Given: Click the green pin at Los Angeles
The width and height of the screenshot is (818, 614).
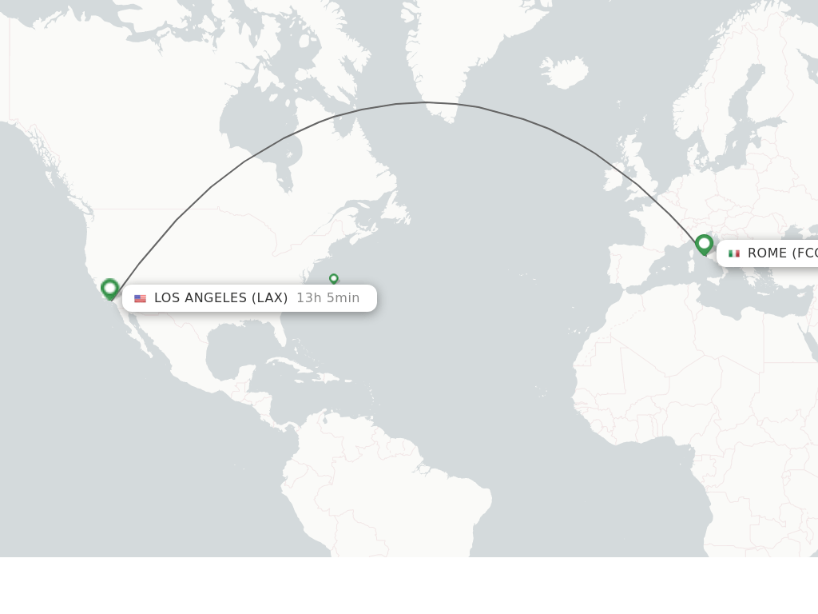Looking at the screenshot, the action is tap(110, 288).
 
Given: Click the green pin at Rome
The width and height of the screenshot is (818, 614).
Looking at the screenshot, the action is tap(704, 243).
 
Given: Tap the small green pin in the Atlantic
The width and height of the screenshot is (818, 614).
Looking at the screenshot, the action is tap(333, 278).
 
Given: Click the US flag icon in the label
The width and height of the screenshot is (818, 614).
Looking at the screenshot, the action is tap(141, 298).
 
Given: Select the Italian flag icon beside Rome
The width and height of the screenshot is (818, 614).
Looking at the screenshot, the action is tap(734, 253).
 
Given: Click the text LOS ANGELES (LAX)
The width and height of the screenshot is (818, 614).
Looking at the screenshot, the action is tap(220, 298).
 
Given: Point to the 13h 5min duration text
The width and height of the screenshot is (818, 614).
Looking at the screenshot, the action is tap(328, 298).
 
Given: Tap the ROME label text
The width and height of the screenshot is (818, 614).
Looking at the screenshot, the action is tap(781, 253).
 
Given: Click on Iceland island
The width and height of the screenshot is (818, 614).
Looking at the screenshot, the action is tap(566, 73).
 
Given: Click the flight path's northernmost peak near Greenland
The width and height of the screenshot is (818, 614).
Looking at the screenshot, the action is tap(426, 102).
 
